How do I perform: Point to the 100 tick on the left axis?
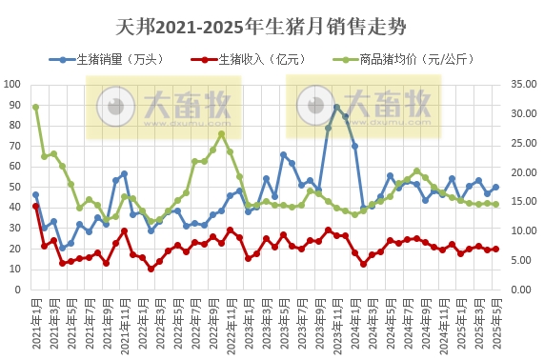pos(15,84)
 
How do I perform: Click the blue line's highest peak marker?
pos(336,108)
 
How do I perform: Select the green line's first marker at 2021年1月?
pos(36,107)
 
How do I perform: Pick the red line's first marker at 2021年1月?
pos(36,206)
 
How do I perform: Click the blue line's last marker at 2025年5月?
pos(496,188)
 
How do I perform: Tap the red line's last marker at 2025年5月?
pos(496,250)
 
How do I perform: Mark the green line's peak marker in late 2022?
pos(222,134)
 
